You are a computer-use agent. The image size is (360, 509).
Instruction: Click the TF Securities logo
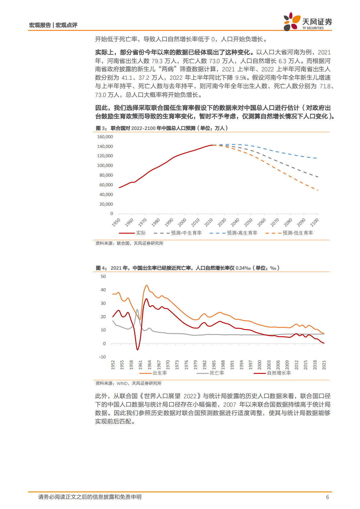click(307, 22)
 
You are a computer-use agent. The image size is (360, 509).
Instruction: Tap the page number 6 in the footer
click(327, 497)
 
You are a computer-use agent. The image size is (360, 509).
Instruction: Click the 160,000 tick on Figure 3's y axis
click(105, 137)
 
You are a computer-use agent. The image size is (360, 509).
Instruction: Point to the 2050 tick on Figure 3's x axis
click(248, 222)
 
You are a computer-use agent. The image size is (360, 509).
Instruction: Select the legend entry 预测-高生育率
click(242, 233)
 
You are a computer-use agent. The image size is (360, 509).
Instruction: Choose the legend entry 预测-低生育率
click(297, 233)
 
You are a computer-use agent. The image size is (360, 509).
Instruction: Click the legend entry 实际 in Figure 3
click(141, 233)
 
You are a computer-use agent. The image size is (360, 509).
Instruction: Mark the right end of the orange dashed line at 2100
click(318, 190)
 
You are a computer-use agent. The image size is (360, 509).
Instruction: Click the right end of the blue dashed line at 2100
click(317, 158)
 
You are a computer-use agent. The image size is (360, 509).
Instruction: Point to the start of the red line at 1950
click(119, 188)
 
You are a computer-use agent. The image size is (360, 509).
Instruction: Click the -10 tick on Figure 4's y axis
click(102, 357)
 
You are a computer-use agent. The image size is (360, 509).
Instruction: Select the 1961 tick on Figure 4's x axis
click(140, 365)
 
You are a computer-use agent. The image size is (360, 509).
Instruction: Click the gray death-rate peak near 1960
click(137, 309)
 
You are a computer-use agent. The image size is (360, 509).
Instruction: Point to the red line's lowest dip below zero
click(138, 350)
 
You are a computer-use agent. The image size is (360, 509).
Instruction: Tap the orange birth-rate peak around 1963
click(146, 285)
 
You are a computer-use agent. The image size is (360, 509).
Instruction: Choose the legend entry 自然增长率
click(279, 373)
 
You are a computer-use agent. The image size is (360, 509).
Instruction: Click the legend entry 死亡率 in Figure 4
click(217, 373)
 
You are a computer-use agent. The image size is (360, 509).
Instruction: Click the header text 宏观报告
click(40, 25)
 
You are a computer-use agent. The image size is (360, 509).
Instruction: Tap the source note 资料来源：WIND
click(128, 383)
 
